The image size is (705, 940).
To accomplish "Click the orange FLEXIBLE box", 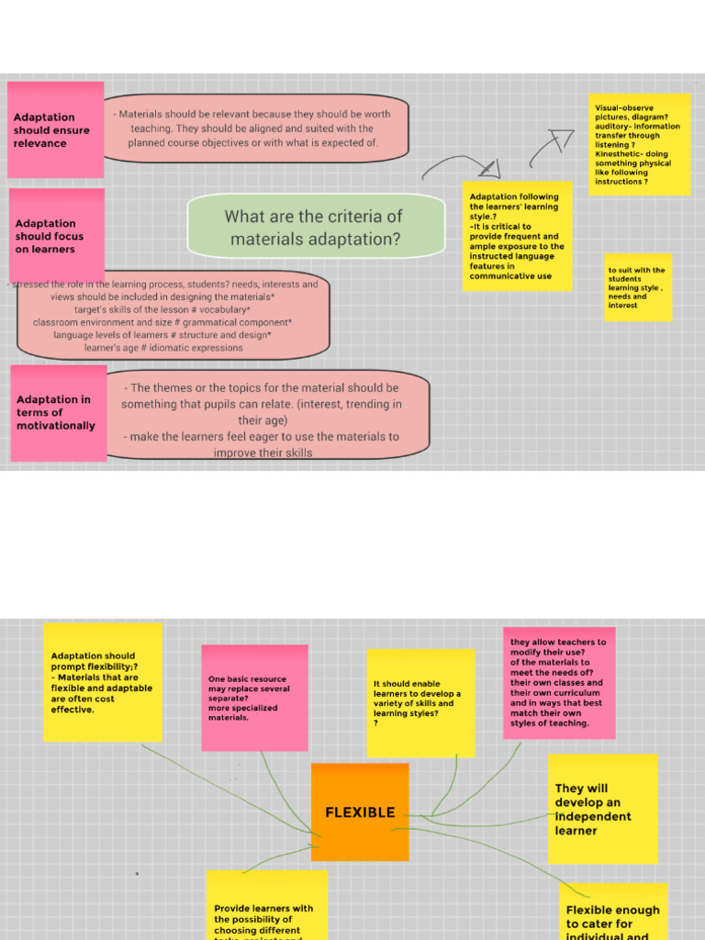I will click(x=360, y=811).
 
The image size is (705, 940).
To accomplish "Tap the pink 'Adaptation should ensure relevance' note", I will click(x=55, y=129).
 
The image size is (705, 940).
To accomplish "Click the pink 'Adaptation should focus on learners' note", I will click(x=56, y=235).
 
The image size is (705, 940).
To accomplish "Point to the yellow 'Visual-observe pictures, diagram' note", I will click(x=640, y=144).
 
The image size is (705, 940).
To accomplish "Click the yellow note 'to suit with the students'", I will click(x=637, y=287).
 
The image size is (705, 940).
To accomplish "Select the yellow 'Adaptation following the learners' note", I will click(x=517, y=236).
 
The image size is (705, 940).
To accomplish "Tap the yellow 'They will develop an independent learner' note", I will click(x=602, y=809).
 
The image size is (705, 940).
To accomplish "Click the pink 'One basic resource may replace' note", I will click(x=254, y=697).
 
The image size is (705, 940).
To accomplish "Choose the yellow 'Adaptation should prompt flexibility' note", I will click(x=102, y=682).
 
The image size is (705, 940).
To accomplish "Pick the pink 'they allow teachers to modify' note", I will click(x=558, y=682).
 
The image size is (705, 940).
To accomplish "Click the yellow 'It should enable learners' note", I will click(x=420, y=702).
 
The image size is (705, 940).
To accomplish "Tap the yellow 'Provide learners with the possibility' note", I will click(x=266, y=907).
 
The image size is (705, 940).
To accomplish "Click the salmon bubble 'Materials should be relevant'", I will click(x=253, y=129).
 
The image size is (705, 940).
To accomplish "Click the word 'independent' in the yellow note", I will click(x=593, y=816).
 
